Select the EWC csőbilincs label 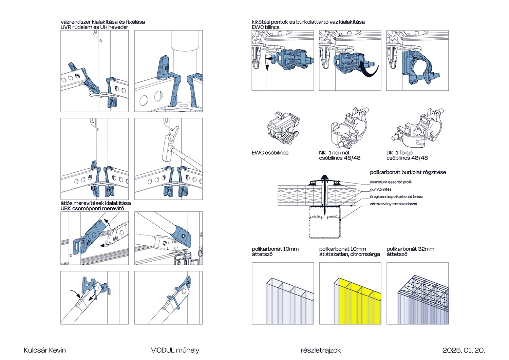(x=270, y=153)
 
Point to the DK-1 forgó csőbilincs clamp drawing (x=419, y=129)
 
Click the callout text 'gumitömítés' (x=380, y=189)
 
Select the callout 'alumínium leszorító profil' (x=391, y=182)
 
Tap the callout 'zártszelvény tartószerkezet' (x=394, y=204)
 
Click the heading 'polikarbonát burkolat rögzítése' (x=408, y=172)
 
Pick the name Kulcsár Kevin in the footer (x=45, y=350)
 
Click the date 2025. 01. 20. (x=464, y=350)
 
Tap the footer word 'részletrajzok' (x=320, y=350)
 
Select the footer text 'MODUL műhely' (x=175, y=350)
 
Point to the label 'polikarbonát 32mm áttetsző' (x=410, y=251)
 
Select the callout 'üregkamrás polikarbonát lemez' (x=396, y=197)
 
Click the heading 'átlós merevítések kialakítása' (x=96, y=203)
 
